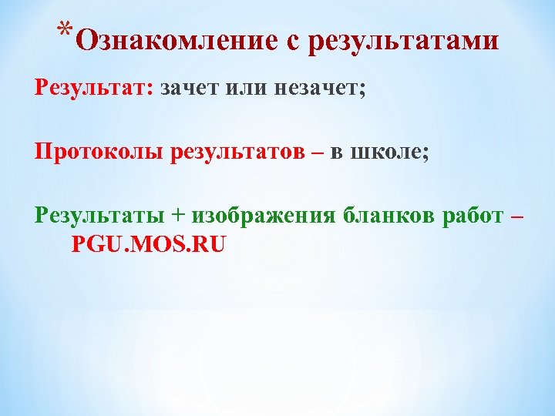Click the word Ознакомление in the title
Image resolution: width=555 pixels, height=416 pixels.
(x=178, y=41)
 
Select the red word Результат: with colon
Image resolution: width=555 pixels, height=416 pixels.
(x=93, y=88)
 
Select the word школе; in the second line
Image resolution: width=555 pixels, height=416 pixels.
(x=389, y=152)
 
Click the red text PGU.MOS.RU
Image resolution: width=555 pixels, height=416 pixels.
(x=149, y=245)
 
